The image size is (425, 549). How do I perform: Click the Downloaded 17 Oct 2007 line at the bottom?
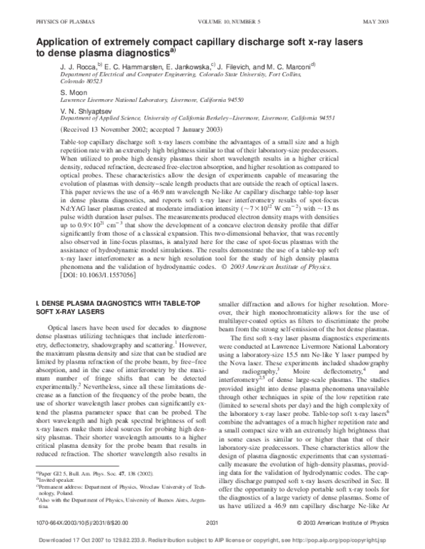[x=212, y=537]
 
